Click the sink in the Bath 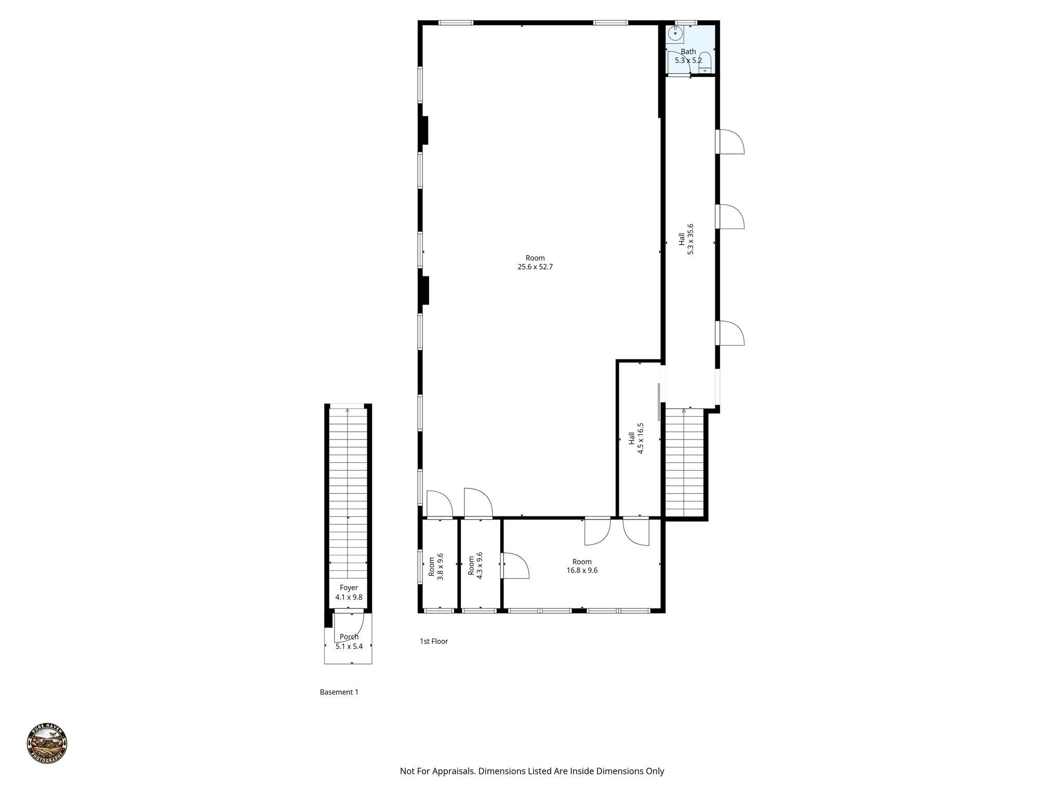[x=675, y=34]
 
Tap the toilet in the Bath [x=705, y=61]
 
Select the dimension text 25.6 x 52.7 [x=535, y=267]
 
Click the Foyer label [x=349, y=588]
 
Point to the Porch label [x=349, y=637]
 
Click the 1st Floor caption [x=434, y=642]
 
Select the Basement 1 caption [x=339, y=692]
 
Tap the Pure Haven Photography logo [x=47, y=743]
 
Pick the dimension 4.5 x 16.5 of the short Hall [x=641, y=439]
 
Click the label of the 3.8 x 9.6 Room [x=431, y=566]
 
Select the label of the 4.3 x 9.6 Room [x=471, y=566]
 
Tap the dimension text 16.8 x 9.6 [x=582, y=570]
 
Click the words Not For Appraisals [x=437, y=771]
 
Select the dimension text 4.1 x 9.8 [x=349, y=597]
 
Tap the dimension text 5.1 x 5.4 [x=349, y=647]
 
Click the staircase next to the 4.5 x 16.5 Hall [x=684, y=462]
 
